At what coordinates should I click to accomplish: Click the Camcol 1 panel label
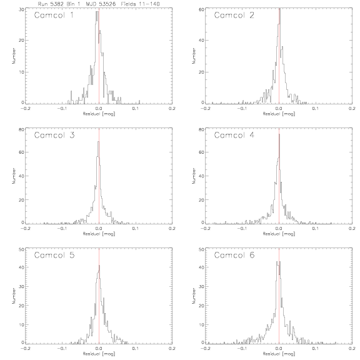(x=54, y=16)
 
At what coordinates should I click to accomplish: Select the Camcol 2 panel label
(x=234, y=16)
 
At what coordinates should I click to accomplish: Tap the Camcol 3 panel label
(x=54, y=135)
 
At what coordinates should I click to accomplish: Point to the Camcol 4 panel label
(x=234, y=135)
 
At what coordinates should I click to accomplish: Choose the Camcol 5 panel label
(x=54, y=255)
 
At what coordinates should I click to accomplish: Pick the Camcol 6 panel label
(x=234, y=255)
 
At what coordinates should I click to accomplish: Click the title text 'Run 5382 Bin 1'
(x=59, y=4)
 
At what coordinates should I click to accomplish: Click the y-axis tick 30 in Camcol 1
(x=21, y=9)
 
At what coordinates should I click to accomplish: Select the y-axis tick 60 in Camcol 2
(x=201, y=9)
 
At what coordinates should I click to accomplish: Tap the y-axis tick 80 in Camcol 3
(x=21, y=129)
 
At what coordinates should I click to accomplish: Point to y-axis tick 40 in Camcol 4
(x=201, y=176)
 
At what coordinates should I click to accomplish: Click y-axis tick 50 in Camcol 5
(x=21, y=249)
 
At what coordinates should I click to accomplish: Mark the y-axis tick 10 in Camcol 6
(x=201, y=324)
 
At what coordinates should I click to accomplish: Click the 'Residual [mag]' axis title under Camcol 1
(x=99, y=114)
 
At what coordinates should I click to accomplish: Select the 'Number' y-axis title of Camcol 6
(x=194, y=296)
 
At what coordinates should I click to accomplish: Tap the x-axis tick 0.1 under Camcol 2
(x=316, y=109)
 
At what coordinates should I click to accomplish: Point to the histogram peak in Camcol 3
(x=99, y=142)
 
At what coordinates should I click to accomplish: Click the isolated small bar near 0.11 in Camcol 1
(x=139, y=102)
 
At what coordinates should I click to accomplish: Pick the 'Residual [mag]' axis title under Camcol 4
(x=279, y=234)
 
